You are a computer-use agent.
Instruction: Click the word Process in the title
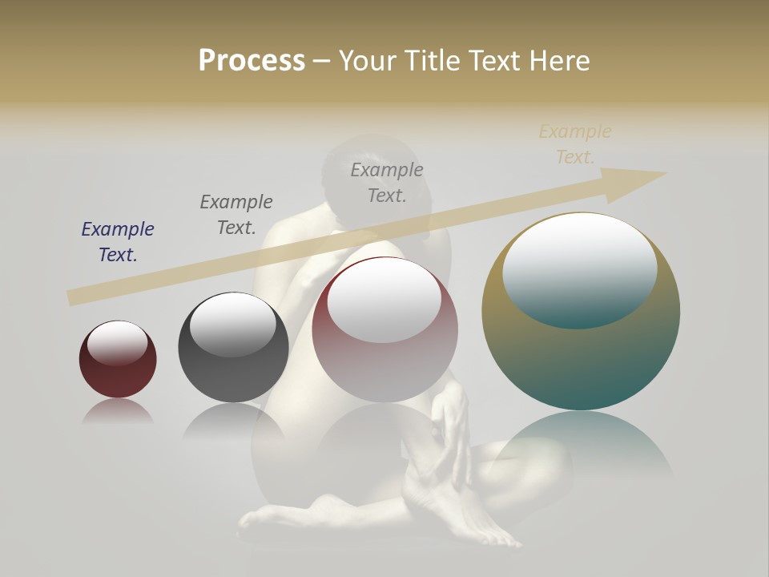tap(252, 61)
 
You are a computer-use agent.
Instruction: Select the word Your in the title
tap(368, 61)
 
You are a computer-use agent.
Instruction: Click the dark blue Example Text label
tap(118, 241)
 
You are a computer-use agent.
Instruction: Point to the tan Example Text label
tap(575, 143)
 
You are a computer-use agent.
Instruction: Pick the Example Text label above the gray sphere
tap(236, 214)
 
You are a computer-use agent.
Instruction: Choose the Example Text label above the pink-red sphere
tap(387, 182)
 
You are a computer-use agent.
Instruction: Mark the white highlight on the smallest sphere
tap(118, 343)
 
